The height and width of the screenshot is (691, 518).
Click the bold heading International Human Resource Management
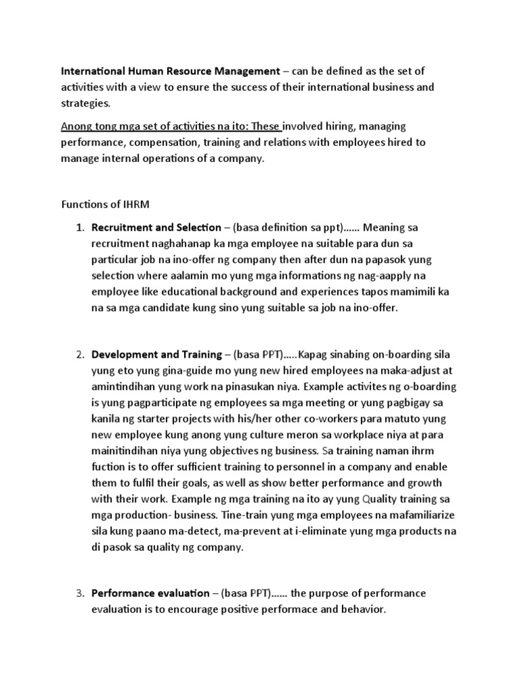tap(170, 71)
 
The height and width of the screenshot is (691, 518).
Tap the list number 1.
tap(78, 227)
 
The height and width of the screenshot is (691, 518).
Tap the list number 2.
tap(78, 354)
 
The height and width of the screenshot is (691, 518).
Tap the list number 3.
tap(78, 593)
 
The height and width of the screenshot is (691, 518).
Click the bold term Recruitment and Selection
tap(156, 227)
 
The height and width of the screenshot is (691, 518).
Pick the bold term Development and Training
tap(156, 354)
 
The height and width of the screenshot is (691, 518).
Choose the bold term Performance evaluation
tap(150, 593)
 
